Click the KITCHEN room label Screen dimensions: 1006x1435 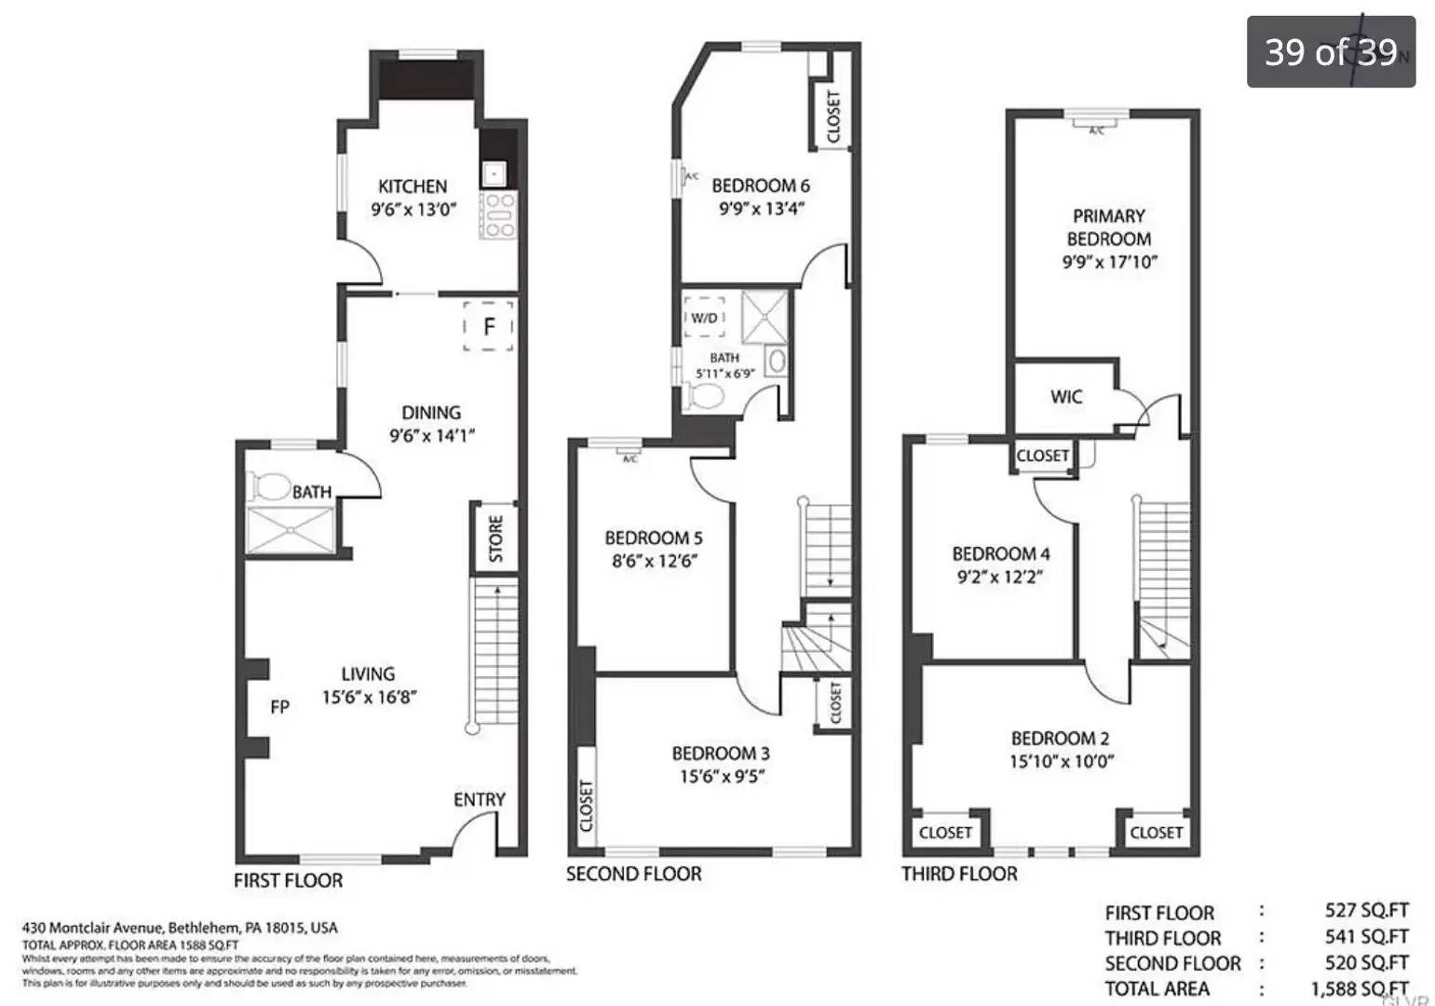pyautogui.click(x=413, y=186)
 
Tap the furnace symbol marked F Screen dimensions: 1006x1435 pyautogui.click(x=489, y=326)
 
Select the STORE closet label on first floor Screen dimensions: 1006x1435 pyautogui.click(x=495, y=538)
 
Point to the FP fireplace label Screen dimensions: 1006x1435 pyautogui.click(x=279, y=707)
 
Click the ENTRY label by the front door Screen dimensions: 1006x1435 pyautogui.click(x=479, y=799)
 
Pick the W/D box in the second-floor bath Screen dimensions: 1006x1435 pyautogui.click(x=704, y=318)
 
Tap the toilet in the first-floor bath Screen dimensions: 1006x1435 pyautogui.click(x=270, y=486)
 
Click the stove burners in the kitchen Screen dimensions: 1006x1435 pyautogui.click(x=498, y=215)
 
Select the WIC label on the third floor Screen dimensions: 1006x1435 pyautogui.click(x=1065, y=397)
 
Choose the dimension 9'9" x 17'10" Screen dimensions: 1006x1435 pyautogui.click(x=1109, y=263)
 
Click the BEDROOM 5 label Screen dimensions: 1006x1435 pyautogui.click(x=653, y=537)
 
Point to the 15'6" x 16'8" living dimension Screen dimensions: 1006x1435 pyautogui.click(x=369, y=697)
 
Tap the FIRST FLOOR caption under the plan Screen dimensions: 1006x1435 pyautogui.click(x=288, y=880)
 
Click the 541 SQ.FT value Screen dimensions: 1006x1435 pyautogui.click(x=1366, y=937)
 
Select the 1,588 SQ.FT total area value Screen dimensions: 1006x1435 pyautogui.click(x=1359, y=988)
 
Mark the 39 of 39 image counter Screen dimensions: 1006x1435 pyautogui.click(x=1330, y=52)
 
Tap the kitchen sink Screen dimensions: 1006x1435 pyautogui.click(x=493, y=173)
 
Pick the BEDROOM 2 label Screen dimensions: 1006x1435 pyautogui.click(x=1060, y=738)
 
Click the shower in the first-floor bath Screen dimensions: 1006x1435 pyautogui.click(x=291, y=530)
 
